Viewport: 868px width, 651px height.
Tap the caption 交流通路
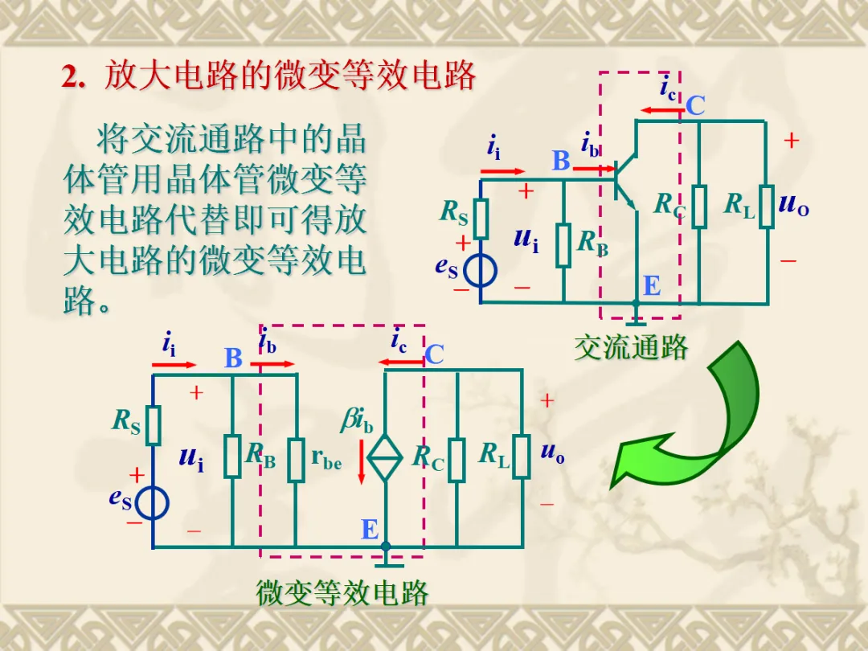631,347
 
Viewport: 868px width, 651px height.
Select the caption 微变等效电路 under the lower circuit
342,593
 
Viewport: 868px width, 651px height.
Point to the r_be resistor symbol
297,460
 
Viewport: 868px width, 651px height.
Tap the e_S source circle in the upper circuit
481,271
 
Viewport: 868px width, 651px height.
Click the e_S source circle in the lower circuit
152,504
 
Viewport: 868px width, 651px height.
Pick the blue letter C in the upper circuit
695,105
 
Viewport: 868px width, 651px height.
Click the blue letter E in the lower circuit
370,530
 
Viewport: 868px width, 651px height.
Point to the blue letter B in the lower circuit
233,358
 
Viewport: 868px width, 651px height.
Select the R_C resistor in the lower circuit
457,460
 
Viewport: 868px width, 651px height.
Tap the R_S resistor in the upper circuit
481,218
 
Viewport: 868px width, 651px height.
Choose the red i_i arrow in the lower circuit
174,365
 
